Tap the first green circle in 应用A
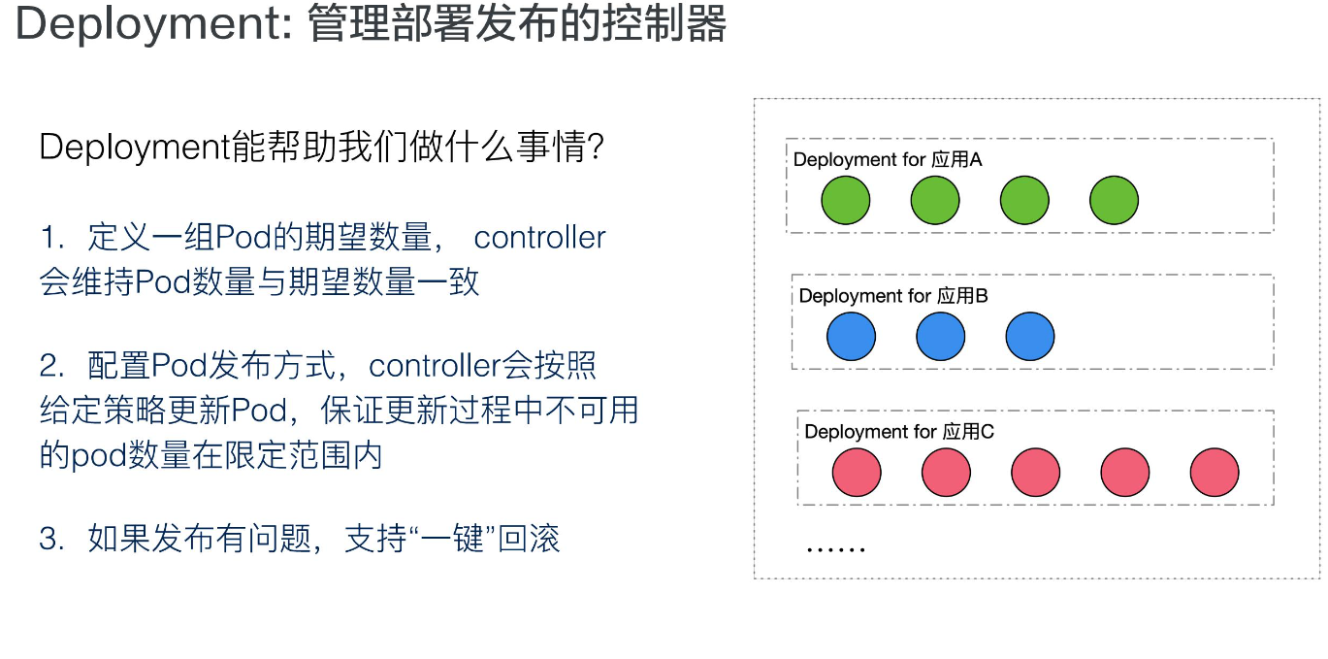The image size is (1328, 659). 846,202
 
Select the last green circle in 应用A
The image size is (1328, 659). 1114,202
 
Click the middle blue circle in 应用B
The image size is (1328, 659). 941,338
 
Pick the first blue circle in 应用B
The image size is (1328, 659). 852,338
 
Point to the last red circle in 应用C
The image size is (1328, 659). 1215,474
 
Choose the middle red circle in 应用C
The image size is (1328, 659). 1036,474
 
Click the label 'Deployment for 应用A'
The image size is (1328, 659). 888,160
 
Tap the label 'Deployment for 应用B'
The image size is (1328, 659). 893,296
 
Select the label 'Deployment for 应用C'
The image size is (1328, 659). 899,432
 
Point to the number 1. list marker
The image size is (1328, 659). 51,238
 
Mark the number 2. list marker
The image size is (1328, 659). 51,366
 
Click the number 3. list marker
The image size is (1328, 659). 51,540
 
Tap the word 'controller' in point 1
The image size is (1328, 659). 539,238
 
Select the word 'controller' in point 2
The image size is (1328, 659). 435,366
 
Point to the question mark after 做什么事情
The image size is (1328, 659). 597,148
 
